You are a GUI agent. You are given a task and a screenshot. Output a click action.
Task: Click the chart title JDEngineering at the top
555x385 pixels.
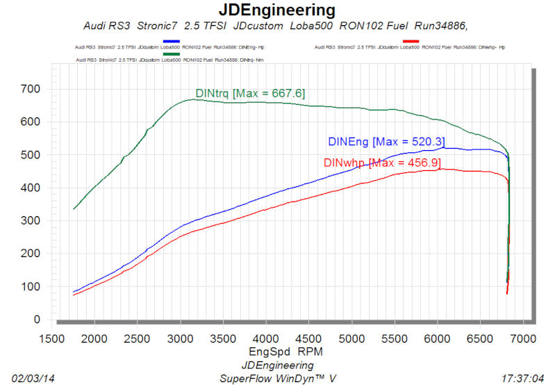(x=277, y=10)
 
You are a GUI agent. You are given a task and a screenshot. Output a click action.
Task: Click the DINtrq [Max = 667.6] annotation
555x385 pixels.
(x=250, y=93)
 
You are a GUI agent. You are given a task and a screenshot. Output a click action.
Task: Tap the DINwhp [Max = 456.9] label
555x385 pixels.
(x=382, y=163)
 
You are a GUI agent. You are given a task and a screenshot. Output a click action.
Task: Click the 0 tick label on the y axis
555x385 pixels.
(x=38, y=320)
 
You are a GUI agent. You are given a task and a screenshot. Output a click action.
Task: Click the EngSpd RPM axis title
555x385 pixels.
(x=287, y=352)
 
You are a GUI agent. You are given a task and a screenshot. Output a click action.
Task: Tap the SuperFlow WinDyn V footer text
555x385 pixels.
(x=277, y=378)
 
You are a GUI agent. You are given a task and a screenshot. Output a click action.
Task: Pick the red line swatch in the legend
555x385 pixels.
(x=410, y=42)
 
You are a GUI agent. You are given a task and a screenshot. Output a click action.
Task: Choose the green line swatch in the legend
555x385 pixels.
(x=170, y=54)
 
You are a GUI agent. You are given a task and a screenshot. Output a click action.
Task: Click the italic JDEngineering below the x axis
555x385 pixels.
(x=277, y=365)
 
